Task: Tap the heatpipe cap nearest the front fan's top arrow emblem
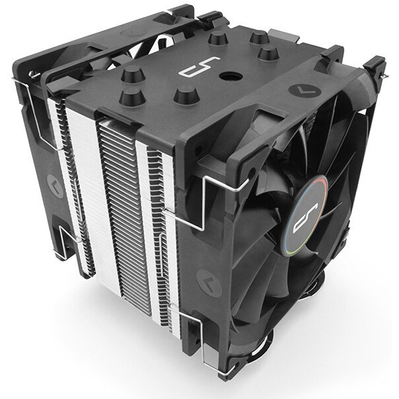pos(266,52)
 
